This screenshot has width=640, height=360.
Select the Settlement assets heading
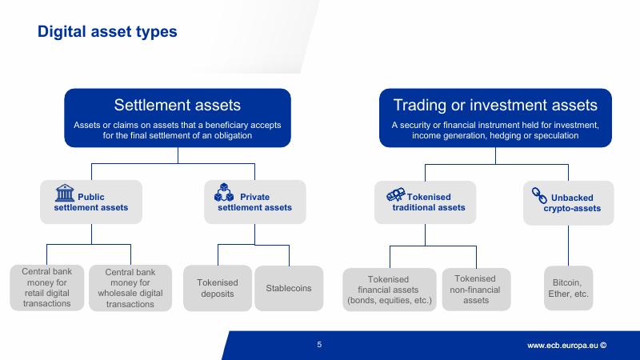pos(177,106)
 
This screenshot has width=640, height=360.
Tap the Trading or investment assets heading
pos(495,106)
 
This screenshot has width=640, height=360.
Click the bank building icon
pos(64,193)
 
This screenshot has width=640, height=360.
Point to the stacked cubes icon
pos(223,193)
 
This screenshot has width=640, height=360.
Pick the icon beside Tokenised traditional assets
pos(395,194)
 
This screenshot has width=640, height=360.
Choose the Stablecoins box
pos(288,288)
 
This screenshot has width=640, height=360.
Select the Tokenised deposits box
pos(218,288)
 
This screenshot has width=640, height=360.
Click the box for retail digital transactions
pos(46,288)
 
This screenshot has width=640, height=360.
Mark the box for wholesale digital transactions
pos(129,288)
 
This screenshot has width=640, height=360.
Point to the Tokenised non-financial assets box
pos(476,288)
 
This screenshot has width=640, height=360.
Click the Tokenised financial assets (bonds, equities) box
pos(390,288)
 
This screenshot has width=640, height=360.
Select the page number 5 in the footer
pos(319,346)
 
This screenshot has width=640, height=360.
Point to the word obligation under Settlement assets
pos(229,136)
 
